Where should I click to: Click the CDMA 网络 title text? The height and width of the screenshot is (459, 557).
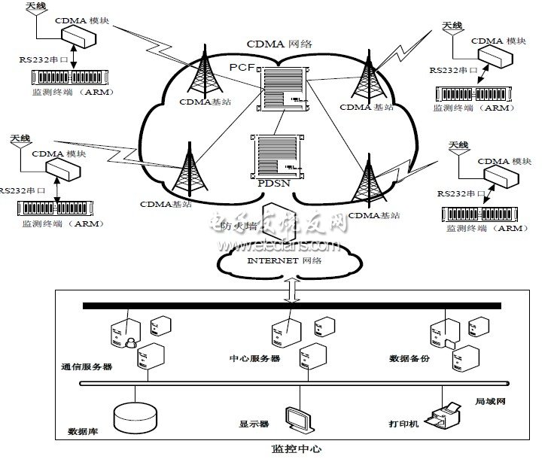pyautogui.click(x=276, y=44)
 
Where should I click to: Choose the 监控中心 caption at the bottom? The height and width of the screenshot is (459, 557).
pyautogui.click(x=296, y=449)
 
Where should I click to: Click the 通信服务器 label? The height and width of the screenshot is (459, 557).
pyautogui.click(x=87, y=367)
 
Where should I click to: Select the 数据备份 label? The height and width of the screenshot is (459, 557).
pyautogui.click(x=409, y=359)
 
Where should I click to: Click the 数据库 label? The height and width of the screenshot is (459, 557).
pyautogui.click(x=81, y=431)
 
